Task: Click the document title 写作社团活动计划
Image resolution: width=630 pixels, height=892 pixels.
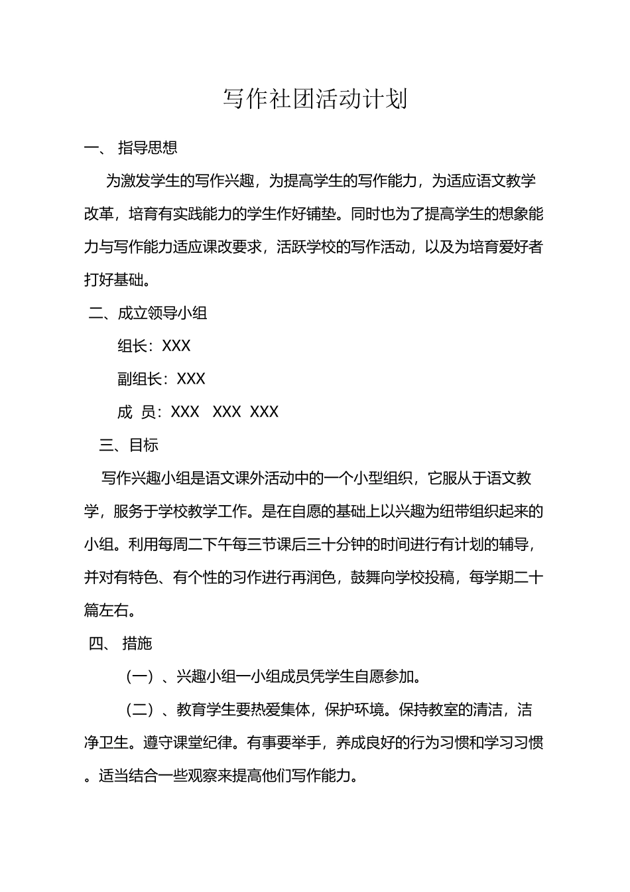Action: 314,100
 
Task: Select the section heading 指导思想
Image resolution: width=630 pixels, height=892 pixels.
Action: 148,147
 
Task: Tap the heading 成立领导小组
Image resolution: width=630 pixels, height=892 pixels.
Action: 162,313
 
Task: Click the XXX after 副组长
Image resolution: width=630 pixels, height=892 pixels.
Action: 192,379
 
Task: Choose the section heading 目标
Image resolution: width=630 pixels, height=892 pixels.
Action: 144,445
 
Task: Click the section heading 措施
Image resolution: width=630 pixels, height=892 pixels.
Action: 137,643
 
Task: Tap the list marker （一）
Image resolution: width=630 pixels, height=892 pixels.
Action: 140,677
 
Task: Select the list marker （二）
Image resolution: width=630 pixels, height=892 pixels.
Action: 140,710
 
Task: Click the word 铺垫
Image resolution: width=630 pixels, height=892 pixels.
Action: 323,214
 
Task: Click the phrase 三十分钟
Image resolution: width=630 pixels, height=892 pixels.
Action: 338,544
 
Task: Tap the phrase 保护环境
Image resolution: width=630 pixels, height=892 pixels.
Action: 354,710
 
